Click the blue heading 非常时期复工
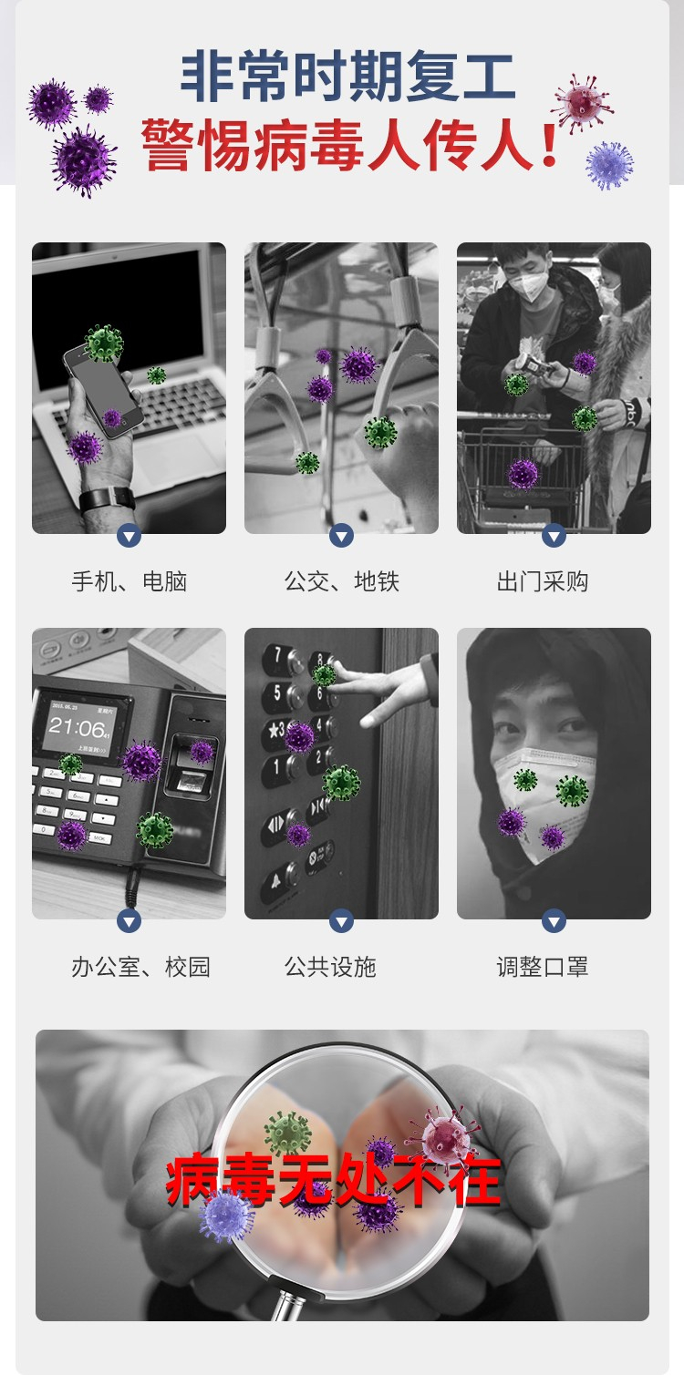347,77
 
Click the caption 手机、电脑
130,581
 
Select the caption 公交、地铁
342,581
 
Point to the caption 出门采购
543,581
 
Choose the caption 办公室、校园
140,967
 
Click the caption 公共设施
330,967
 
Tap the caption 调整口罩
543,967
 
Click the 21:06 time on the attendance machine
78,728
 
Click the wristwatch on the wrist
107,499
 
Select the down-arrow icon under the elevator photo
342,920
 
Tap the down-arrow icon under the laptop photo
130,536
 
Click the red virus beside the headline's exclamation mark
581,104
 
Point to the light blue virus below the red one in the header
609,166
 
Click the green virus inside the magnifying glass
287,1134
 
